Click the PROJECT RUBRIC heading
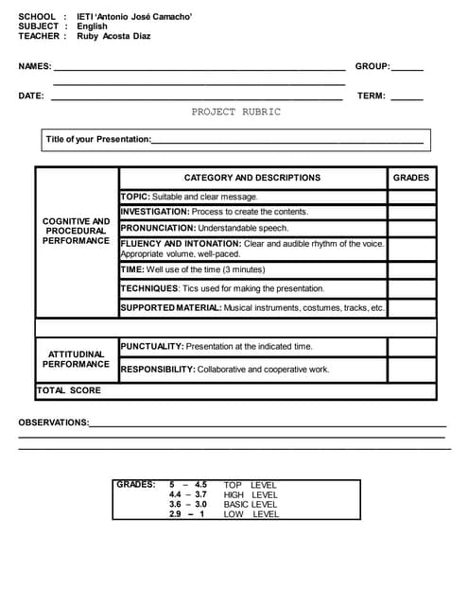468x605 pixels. (235, 112)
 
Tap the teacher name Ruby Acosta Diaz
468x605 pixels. (113, 36)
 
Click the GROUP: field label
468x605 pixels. (373, 66)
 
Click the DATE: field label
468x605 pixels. (31, 95)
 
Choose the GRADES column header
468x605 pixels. (410, 177)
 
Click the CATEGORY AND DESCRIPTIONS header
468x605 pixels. (252, 177)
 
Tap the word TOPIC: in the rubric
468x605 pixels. (135, 197)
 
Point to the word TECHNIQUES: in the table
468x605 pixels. (149, 288)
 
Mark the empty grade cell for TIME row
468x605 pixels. (411, 269)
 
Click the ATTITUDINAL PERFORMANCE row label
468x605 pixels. (77, 358)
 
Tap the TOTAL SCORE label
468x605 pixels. (69, 389)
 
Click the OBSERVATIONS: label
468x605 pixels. (54, 423)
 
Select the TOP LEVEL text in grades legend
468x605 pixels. (250, 485)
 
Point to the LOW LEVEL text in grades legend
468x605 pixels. (251, 514)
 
